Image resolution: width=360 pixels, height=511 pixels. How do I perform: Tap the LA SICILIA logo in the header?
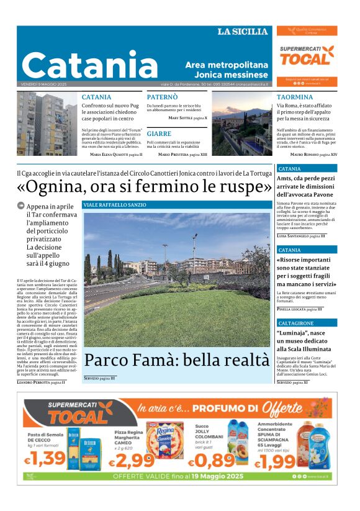coord(243,32)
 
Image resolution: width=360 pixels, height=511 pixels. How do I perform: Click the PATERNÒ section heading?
coord(162,97)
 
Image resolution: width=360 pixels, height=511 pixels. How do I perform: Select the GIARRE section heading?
coord(159,133)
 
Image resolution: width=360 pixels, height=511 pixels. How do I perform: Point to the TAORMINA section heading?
coord(295,97)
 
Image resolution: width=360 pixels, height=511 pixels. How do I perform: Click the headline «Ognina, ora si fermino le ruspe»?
coord(144,186)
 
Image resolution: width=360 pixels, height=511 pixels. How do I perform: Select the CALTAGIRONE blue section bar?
coord(307,323)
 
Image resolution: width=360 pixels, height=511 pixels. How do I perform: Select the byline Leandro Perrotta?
coord(37,382)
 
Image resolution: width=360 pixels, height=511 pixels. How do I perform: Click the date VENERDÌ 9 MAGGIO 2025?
coord(43,84)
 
